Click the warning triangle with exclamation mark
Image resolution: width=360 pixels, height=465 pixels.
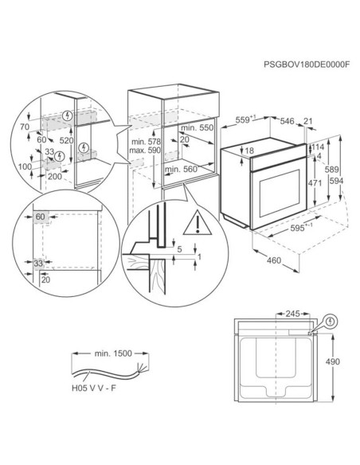(x=198, y=222)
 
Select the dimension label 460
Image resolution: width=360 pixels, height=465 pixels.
(x=274, y=260)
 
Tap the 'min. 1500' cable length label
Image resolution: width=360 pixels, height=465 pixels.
(x=113, y=354)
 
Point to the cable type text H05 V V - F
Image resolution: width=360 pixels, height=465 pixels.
(x=94, y=389)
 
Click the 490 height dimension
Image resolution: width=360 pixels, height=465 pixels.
(x=332, y=361)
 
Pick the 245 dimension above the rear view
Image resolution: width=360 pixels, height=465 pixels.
(x=292, y=314)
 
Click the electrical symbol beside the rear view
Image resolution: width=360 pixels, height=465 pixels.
(x=331, y=322)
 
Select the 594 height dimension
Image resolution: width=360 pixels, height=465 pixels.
(x=336, y=181)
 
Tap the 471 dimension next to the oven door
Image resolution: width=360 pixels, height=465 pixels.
(x=315, y=183)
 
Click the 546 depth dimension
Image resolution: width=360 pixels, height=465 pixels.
(x=287, y=121)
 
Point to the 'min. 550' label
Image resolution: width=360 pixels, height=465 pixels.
(x=198, y=127)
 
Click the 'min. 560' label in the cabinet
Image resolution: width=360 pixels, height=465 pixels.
(x=181, y=169)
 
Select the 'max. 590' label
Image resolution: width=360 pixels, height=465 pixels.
(x=144, y=150)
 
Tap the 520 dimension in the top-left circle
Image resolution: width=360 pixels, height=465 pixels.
(x=66, y=141)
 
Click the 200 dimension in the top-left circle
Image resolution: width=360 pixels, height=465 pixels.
(x=55, y=177)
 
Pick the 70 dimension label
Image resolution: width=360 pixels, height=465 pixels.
(x=25, y=127)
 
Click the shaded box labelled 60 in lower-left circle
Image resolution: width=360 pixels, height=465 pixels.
(x=41, y=217)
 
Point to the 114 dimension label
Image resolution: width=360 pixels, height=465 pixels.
(x=318, y=147)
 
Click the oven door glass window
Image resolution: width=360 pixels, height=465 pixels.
(x=280, y=193)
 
